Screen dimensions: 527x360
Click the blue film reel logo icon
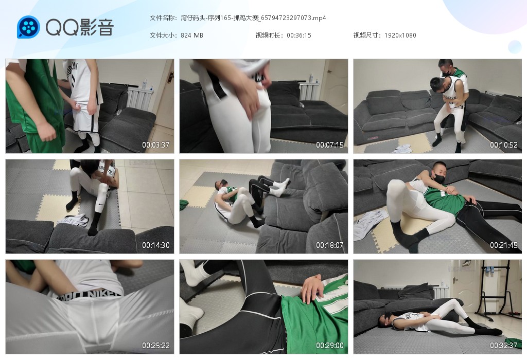(28, 27)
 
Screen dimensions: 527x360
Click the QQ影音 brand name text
(80, 27)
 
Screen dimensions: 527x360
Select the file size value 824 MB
(191, 35)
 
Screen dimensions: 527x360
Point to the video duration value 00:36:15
(299, 35)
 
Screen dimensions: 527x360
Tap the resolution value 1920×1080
(400, 35)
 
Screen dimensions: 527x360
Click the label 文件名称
(162, 18)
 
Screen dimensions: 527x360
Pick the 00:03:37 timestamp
(155, 145)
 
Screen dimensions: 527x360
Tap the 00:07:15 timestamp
(330, 145)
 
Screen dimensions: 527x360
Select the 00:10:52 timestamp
(503, 145)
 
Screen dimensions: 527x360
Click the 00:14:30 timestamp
(155, 245)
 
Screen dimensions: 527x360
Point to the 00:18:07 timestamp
(330, 245)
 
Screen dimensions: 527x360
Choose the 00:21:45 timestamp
(503, 245)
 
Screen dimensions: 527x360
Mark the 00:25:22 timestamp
(155, 345)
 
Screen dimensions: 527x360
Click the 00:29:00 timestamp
(330, 345)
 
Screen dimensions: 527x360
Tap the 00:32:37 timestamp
(503, 345)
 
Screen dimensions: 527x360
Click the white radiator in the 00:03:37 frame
(139, 98)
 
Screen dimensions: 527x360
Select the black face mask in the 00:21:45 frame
(438, 177)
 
